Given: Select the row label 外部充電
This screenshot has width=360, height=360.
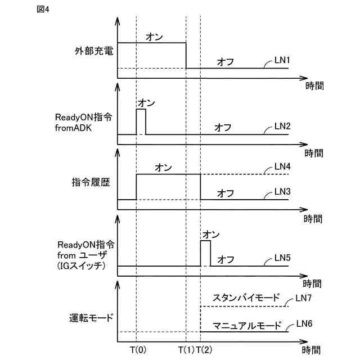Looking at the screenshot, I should pos(93,52).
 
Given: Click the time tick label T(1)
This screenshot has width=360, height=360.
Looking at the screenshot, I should pos(187,350).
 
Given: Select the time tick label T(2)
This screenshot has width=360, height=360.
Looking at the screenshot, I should pos(205,350).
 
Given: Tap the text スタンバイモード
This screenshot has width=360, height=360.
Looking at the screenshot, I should pos(246,297).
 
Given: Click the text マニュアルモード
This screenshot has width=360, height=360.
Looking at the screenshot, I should pos(246,325).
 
